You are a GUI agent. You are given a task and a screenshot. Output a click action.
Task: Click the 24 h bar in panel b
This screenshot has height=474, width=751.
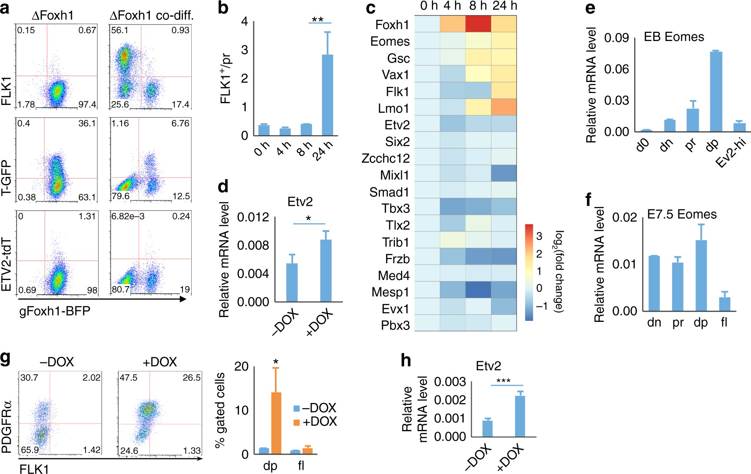click(327, 95)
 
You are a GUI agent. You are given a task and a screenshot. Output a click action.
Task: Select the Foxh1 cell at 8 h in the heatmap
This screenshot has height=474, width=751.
click(478, 24)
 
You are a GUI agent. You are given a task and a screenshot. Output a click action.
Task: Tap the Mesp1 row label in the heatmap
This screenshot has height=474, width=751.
click(390, 292)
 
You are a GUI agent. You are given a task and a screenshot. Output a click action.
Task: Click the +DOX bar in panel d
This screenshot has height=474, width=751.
click(326, 271)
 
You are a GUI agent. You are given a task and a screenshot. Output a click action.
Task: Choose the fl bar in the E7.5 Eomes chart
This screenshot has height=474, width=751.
click(725, 304)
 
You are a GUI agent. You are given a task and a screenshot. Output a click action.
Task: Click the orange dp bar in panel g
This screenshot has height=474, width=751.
click(276, 423)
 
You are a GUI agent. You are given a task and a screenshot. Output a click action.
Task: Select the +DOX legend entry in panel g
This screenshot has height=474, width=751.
click(316, 422)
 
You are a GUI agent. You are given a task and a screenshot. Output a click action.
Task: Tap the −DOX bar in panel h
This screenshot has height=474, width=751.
click(487, 429)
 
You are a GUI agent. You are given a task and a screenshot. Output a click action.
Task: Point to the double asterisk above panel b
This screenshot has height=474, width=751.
click(317, 20)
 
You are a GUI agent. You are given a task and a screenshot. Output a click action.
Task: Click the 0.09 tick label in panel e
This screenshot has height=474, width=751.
click(616, 38)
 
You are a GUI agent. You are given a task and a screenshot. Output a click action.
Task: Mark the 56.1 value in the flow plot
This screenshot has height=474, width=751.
click(119, 30)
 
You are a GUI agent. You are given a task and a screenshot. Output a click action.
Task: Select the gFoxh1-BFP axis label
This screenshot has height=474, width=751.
click(55, 311)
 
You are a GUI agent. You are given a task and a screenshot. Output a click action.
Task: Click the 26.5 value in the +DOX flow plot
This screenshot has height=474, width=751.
click(191, 377)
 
